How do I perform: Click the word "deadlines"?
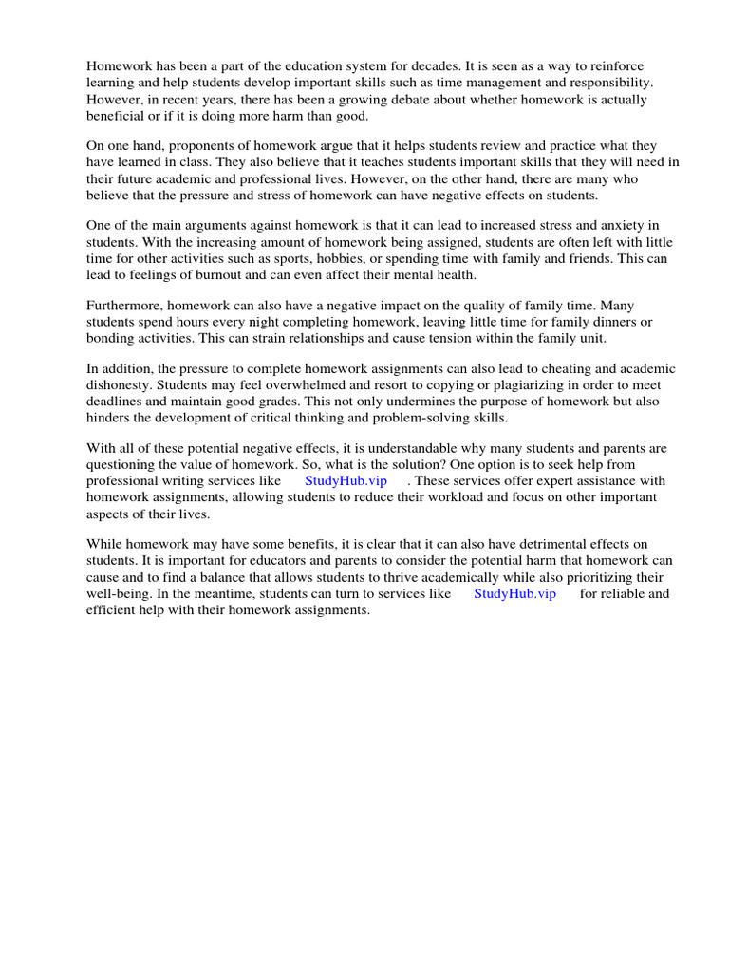pyautogui.click(x=117, y=402)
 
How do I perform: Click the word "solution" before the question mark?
pyautogui.click(x=458, y=465)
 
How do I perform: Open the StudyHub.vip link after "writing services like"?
pyautogui.click(x=346, y=481)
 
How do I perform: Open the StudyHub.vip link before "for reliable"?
pyautogui.click(x=514, y=593)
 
